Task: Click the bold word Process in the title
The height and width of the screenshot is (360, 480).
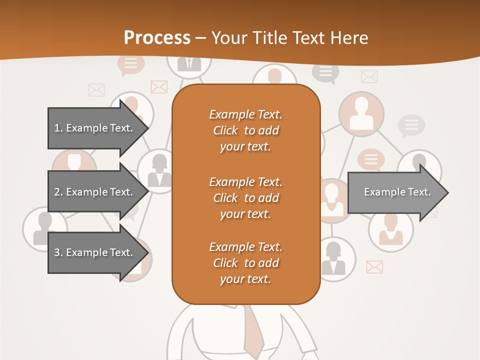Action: (157, 38)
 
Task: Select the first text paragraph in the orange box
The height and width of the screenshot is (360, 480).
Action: (245, 130)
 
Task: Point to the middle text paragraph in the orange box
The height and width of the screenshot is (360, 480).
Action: (245, 197)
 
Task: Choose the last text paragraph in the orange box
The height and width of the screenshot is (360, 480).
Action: (245, 263)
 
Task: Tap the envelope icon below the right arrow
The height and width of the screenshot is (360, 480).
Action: (374, 267)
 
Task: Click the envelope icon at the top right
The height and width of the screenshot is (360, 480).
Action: (369, 76)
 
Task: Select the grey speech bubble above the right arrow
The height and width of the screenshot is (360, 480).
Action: (411, 125)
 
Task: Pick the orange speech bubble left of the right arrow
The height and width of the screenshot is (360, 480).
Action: (370, 160)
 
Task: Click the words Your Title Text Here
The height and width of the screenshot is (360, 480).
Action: (289, 38)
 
